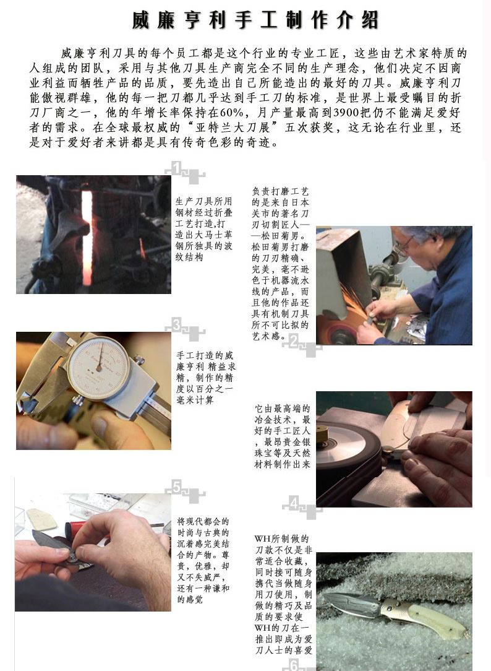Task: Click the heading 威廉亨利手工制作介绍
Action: coord(255,20)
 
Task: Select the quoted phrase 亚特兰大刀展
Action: coord(233,127)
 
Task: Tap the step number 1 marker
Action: coord(177,168)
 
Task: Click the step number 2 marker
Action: coord(294,341)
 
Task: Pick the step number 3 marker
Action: coord(177,325)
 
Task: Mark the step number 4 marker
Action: coord(294,503)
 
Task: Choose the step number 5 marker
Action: coord(177,487)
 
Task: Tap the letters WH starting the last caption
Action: coord(262,539)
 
